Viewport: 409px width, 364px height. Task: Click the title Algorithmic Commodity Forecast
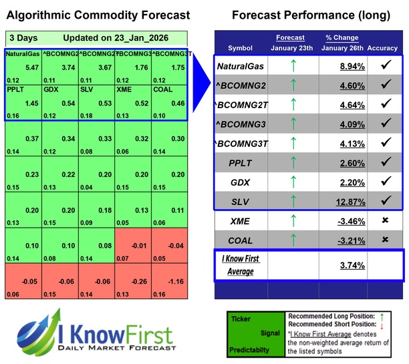tap(99, 15)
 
